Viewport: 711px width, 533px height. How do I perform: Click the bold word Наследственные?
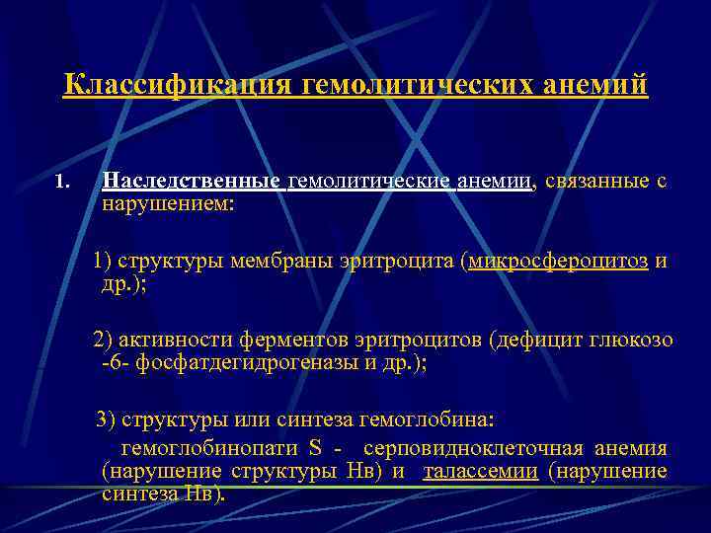coord(194,181)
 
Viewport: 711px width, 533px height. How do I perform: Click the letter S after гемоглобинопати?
coord(315,447)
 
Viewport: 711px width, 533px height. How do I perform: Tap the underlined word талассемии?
coord(480,471)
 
